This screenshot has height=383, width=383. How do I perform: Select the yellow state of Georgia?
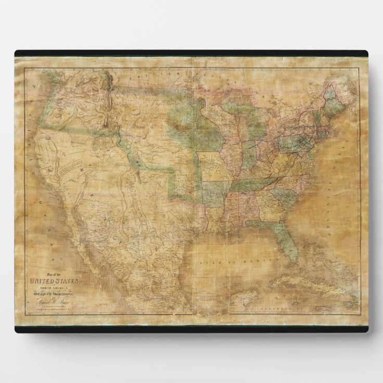[270, 208]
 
